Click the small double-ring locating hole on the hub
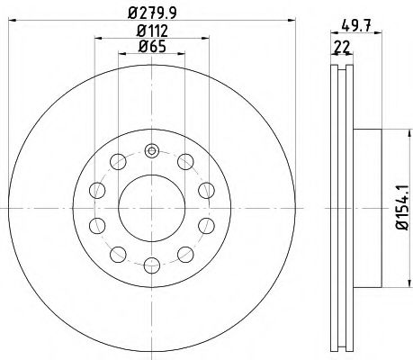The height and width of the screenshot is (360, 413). tap(151, 150)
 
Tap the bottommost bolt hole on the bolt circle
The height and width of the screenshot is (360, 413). tap(151, 264)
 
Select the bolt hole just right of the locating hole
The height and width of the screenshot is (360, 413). tap(184, 161)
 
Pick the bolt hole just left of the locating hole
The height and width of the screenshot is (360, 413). tap(118, 161)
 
